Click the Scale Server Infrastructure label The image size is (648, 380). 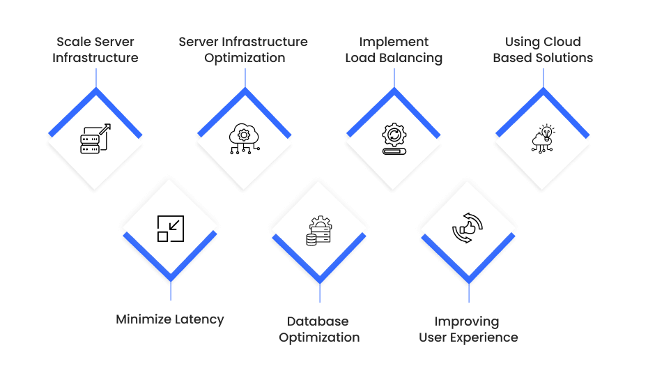click(x=95, y=50)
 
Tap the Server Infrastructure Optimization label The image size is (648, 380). click(x=243, y=50)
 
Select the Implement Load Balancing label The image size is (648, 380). click(x=394, y=50)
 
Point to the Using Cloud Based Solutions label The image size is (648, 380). click(x=543, y=50)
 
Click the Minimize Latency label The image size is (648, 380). click(x=170, y=319)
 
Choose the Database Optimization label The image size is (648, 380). click(x=319, y=329)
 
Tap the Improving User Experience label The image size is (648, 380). click(x=468, y=329)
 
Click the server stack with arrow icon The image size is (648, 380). click(x=95, y=139)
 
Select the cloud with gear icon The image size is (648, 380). click(x=245, y=139)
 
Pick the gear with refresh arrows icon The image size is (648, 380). click(x=394, y=139)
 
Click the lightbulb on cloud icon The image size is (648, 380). click(x=543, y=139)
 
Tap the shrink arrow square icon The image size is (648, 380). click(x=171, y=229)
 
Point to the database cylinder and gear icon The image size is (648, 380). click(x=319, y=231)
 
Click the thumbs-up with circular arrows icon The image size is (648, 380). click(x=468, y=228)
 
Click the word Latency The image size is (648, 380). click(x=199, y=319)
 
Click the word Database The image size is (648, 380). click(x=318, y=321)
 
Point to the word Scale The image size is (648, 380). click(x=72, y=42)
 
